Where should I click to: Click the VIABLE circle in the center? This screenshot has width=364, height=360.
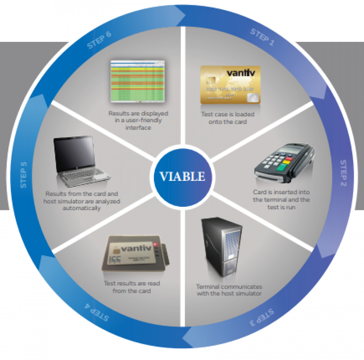click(182, 176)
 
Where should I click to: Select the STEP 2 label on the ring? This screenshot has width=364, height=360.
click(343, 173)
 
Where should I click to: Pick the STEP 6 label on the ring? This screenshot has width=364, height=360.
click(99, 40)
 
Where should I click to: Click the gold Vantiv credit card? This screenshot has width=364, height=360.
click(230, 85)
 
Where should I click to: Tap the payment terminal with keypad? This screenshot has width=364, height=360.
click(284, 162)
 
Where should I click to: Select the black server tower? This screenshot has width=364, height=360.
click(222, 246)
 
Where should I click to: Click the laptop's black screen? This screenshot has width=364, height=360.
click(74, 153)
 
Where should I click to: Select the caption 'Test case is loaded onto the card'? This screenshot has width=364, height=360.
click(228, 118)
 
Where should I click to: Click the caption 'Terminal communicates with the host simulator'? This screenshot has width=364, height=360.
click(229, 290)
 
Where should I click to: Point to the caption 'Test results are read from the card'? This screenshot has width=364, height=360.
click(132, 287)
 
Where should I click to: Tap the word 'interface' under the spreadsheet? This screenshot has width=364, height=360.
click(138, 128)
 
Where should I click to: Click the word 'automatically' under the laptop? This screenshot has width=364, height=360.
click(82, 208)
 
